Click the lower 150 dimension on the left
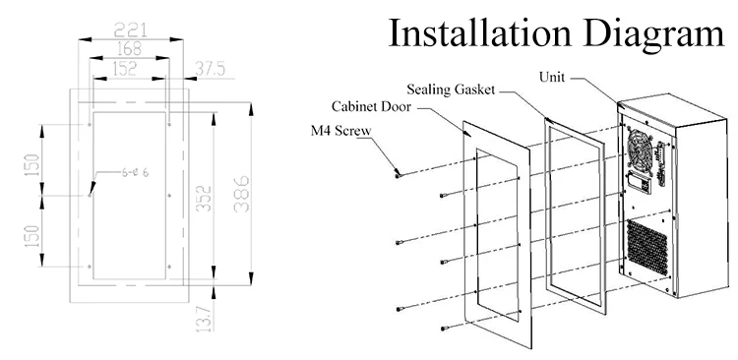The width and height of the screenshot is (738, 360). pyautogui.click(x=31, y=234)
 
